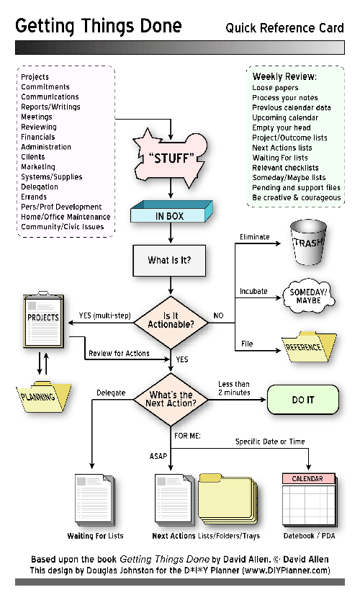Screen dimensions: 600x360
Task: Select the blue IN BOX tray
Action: [x=171, y=215]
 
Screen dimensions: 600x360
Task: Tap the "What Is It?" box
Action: [x=170, y=260]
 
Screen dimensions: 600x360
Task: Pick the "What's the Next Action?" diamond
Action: [x=171, y=398]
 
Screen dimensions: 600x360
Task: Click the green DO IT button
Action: [x=302, y=399]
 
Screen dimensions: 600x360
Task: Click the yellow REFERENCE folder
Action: [x=309, y=347]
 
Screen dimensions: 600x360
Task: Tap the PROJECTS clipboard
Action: [x=42, y=321]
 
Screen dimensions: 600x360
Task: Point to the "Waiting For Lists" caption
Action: [x=95, y=536]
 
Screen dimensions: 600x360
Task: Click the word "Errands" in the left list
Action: [x=34, y=197]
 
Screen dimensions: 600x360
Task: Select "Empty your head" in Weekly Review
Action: [x=282, y=127]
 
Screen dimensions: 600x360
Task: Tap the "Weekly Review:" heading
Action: [x=284, y=76]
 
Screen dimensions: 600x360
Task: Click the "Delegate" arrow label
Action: [x=111, y=393]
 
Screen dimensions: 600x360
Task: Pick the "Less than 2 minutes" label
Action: [x=234, y=388]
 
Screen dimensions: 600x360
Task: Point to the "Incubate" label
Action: [x=253, y=292]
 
